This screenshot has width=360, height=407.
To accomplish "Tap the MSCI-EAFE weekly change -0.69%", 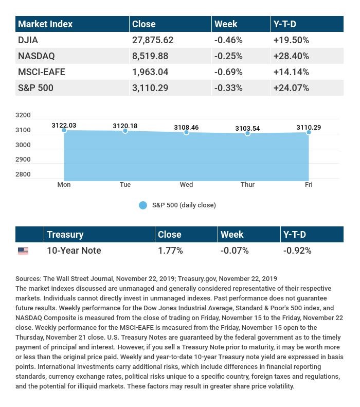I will tap(228, 72).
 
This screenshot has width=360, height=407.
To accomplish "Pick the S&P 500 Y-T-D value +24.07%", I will tap(291, 88).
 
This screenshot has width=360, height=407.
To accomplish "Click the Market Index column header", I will tap(45, 24).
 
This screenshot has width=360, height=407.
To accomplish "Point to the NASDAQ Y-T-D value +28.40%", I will tap(291, 56).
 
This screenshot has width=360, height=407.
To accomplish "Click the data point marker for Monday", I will tap(64, 130).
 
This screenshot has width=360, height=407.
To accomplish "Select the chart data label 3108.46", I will tap(186, 126).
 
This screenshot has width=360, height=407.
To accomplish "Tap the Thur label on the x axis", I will tap(247, 185).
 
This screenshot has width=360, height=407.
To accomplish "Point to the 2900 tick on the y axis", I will tap(24, 160).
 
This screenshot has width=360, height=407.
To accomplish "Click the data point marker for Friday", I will tap(309, 132).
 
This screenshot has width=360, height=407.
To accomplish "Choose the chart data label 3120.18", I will tap(125, 125).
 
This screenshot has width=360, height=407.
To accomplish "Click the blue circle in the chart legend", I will tap(143, 205).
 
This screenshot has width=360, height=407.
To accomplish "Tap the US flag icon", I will tap(23, 251).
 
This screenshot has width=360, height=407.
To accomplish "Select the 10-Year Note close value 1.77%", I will tap(170, 251).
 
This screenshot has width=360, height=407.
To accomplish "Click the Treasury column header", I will tap(65, 235).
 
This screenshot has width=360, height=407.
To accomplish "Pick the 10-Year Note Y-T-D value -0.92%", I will tap(297, 251).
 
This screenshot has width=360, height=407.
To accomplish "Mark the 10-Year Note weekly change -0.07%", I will tap(234, 251).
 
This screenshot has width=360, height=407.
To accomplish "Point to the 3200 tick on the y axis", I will tap(24, 115).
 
